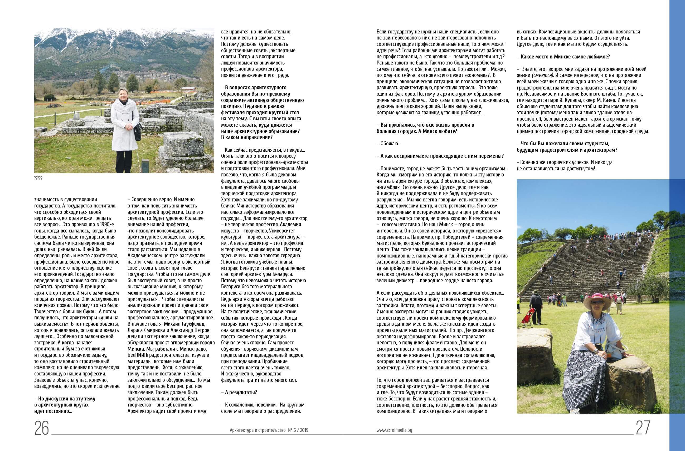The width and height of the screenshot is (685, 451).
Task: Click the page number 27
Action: [643, 428]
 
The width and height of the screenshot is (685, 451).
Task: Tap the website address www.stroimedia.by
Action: [394, 430]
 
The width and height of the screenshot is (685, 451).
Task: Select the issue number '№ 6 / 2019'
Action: [298, 430]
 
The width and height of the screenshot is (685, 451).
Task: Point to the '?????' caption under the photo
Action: [38, 178]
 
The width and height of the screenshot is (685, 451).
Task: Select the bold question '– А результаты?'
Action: [239, 392]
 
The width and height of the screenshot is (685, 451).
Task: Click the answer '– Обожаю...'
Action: [389, 143]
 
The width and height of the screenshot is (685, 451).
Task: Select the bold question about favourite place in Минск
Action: [563, 57]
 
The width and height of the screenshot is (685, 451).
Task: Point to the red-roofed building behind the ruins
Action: [189, 88]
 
